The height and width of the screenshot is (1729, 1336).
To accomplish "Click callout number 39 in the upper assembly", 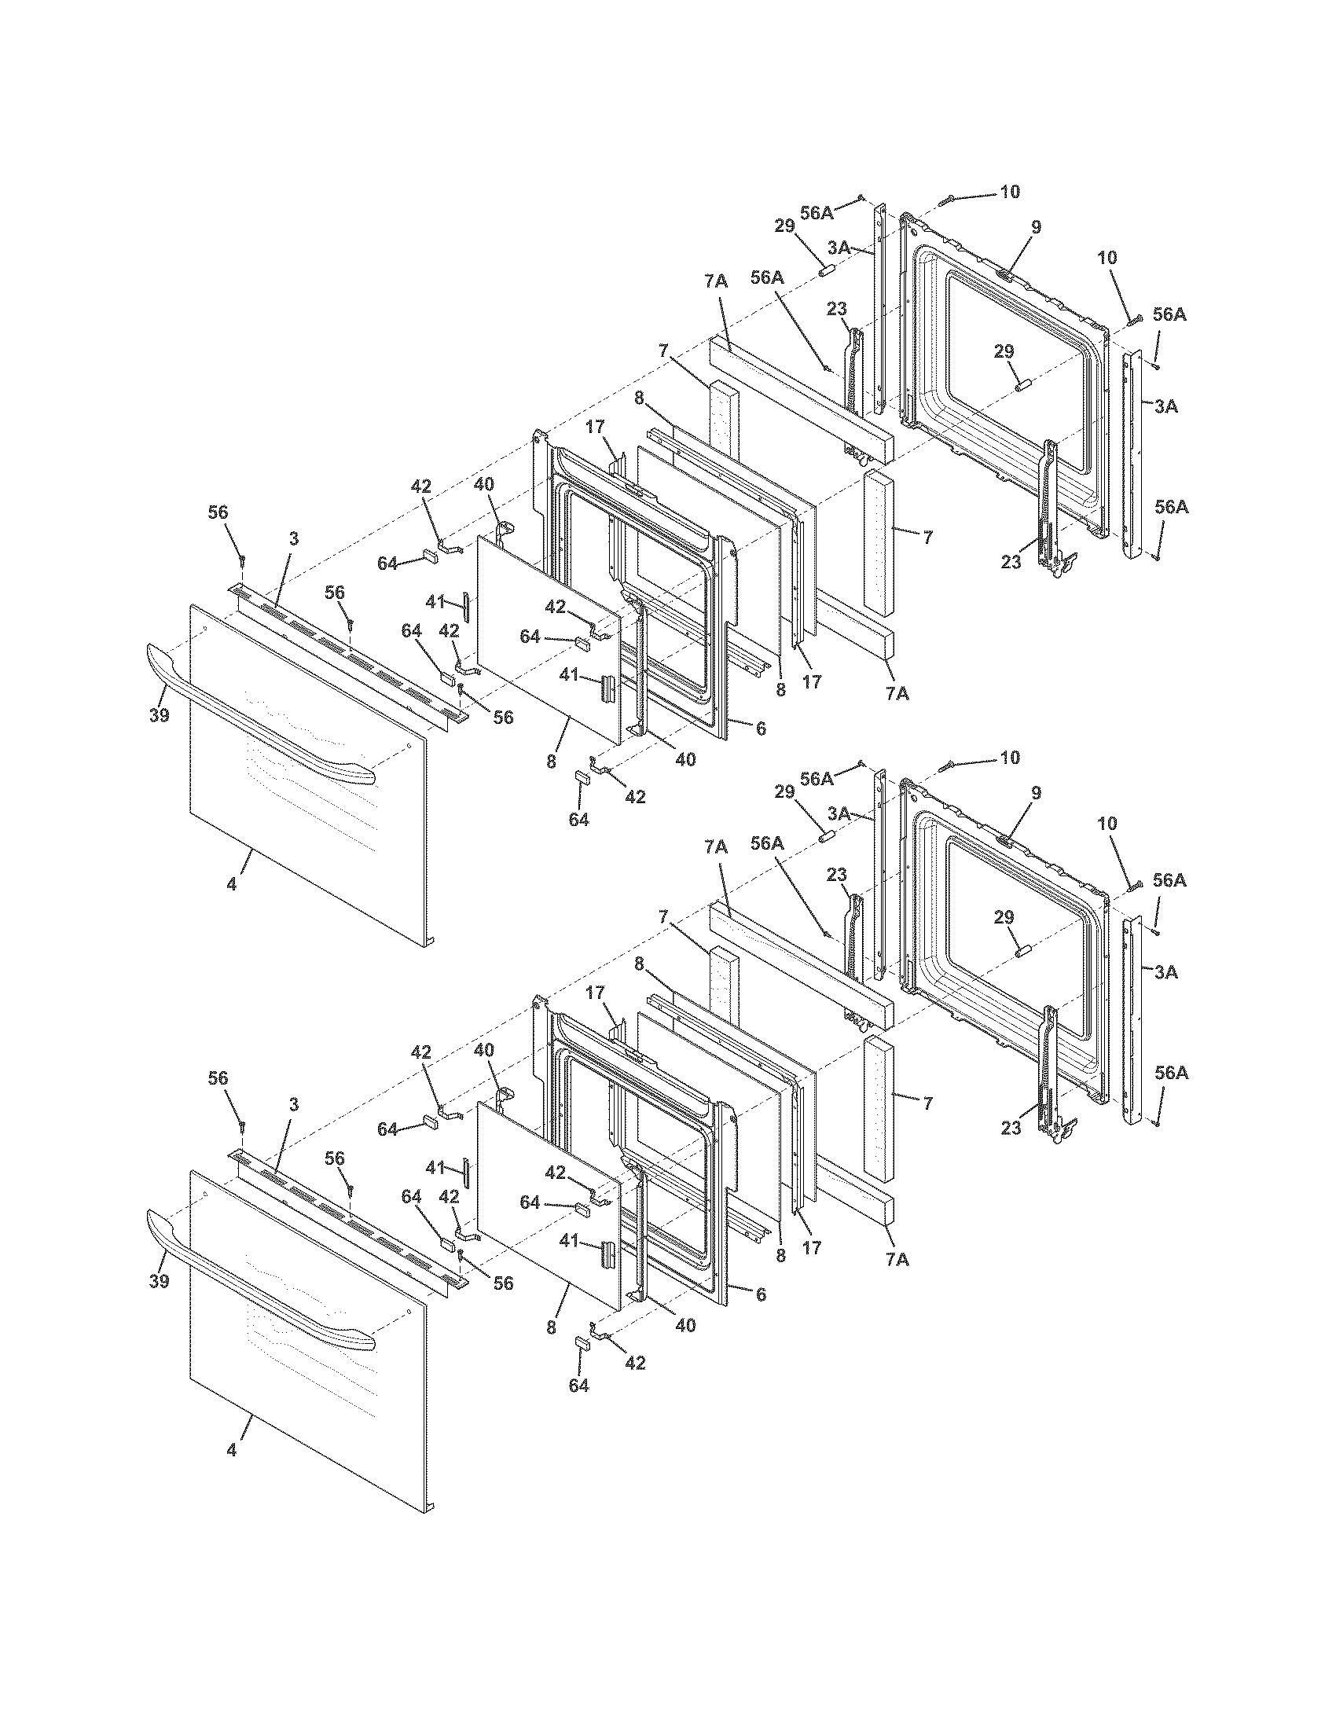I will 158,715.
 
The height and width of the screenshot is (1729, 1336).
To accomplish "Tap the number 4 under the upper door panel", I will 231,884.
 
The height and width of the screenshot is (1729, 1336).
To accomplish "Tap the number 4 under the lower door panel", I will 231,1449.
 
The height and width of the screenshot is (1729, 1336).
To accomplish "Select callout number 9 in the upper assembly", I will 1036,227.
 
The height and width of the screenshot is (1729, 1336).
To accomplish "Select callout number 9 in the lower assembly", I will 1036,793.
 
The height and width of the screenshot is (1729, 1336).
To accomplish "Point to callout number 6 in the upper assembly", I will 761,729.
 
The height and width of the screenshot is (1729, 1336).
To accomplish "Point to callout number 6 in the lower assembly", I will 761,1294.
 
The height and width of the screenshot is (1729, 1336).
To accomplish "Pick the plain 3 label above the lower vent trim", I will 294,1105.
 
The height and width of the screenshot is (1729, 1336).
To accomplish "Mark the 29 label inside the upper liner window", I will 1004,351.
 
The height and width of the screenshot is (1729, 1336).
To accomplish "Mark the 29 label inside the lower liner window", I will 1004,917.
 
